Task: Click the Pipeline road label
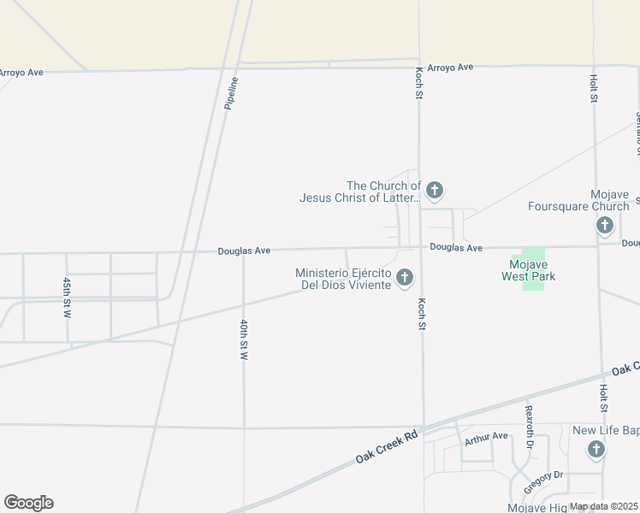coord(231,92)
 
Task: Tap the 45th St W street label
coord(67,297)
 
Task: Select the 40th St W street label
coord(244,340)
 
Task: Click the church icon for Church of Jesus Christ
coord(435,190)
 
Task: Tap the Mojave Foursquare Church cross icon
coord(605,226)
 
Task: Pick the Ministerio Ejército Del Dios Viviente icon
coord(405,277)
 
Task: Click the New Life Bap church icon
coord(596,449)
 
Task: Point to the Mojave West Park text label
coord(528,270)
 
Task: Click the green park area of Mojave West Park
coord(533,256)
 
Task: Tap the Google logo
coord(28,503)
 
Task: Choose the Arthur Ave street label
coord(487,439)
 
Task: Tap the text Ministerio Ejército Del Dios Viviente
coord(343,279)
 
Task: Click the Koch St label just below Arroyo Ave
coord(419,83)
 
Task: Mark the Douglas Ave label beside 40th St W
coord(244,251)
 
